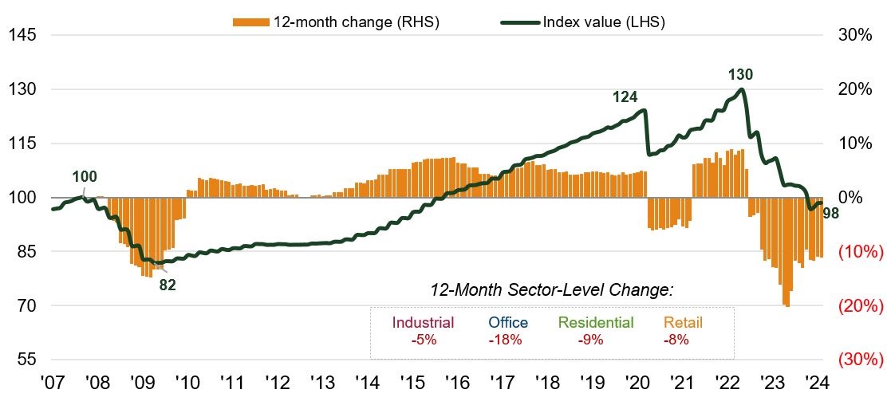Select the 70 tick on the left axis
[24, 305]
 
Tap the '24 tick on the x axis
[817, 382]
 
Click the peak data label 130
[740, 75]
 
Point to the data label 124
[625, 97]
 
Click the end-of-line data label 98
[830, 213]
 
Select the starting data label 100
[85, 177]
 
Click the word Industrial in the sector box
[424, 323]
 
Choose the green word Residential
[596, 323]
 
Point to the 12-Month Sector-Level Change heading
[551, 291]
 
